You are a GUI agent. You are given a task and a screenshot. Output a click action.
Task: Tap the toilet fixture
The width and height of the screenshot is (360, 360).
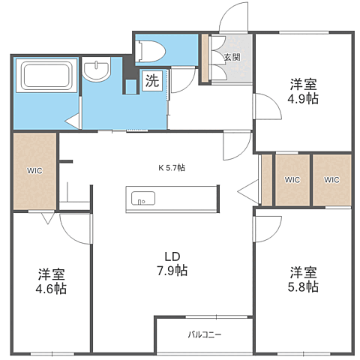150,52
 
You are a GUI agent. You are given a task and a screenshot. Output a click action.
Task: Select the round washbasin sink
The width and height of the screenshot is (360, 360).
97,69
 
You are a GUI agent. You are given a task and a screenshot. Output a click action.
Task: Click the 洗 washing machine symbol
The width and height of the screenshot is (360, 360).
152,81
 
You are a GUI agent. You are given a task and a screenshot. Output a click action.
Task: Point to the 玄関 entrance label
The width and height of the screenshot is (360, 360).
232,57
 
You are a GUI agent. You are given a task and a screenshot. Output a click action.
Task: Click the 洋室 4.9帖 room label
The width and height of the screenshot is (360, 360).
303,91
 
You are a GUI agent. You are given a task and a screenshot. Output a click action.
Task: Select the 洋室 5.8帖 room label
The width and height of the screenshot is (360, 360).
303,280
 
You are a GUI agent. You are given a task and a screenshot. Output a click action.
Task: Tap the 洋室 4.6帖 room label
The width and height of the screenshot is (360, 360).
51,281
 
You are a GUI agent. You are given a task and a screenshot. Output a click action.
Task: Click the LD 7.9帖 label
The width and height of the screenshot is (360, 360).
172,264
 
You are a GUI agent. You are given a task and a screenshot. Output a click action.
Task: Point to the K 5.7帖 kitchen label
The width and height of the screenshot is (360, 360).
172,168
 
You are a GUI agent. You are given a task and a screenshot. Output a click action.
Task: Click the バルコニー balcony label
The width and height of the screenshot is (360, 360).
205,334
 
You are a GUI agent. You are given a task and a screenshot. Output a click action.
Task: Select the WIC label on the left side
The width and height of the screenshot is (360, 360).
34,171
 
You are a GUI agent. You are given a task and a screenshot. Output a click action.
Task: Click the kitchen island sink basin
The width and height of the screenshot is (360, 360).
143,199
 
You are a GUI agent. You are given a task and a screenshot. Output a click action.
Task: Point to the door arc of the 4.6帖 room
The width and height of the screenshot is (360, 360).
67,235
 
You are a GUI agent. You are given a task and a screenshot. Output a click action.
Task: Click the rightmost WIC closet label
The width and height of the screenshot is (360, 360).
331,180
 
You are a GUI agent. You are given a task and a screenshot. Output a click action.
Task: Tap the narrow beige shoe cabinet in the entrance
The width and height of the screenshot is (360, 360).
205,58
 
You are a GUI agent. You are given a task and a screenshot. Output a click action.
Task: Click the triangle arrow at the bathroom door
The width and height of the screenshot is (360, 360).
73,121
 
